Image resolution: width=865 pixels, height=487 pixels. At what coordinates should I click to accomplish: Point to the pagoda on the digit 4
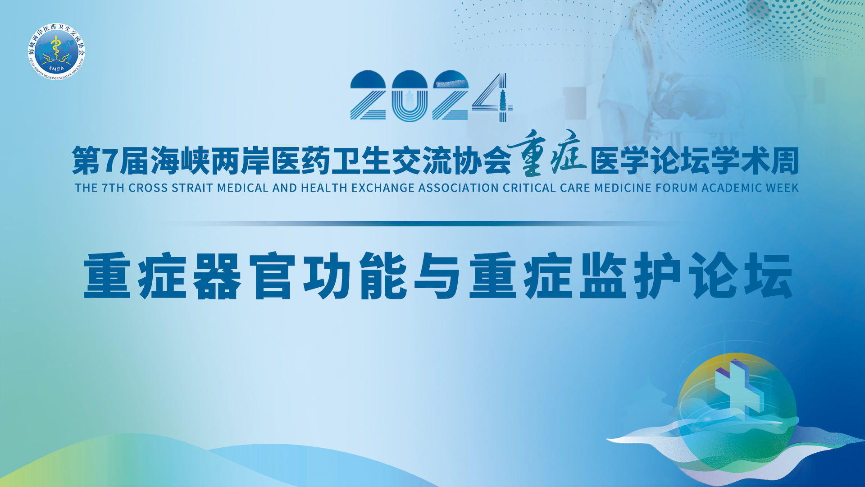coord(503,100)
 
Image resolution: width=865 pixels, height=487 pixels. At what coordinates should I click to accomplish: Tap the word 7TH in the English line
coord(113,188)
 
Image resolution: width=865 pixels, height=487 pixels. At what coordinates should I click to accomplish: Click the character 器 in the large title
coord(218,276)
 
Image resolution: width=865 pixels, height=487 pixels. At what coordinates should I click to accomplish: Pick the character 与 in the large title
coord(437,276)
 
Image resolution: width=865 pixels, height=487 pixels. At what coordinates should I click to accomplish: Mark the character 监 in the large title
coord(603,276)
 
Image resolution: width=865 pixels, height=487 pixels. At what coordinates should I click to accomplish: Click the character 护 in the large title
coord(658,276)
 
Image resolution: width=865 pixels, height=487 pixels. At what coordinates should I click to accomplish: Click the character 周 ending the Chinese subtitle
coord(785,161)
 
